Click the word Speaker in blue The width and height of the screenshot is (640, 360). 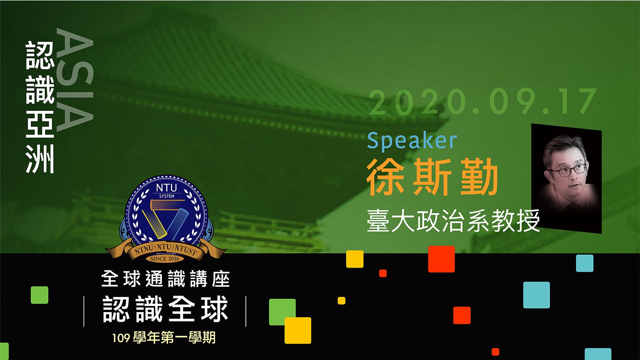412,142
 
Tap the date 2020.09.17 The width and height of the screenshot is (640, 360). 483,102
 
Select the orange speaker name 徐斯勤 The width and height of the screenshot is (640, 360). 432,177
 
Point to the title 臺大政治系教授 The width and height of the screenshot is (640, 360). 453,220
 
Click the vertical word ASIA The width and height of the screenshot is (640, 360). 75,80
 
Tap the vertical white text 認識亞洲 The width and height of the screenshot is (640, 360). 40,107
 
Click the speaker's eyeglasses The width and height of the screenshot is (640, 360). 568,170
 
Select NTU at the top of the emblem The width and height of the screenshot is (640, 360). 166,188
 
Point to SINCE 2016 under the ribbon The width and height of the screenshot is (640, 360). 165,259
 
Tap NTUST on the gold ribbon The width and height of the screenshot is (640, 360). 186,250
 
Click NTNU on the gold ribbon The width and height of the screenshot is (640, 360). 144,250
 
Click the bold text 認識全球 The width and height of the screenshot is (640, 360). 166,309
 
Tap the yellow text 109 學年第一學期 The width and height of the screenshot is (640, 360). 164,338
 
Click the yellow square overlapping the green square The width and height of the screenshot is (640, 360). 298,330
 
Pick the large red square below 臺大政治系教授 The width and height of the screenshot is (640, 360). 442,259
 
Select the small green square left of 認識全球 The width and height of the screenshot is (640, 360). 40,295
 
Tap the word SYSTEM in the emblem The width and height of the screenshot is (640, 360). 166,196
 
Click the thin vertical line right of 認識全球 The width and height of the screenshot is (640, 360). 246,311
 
